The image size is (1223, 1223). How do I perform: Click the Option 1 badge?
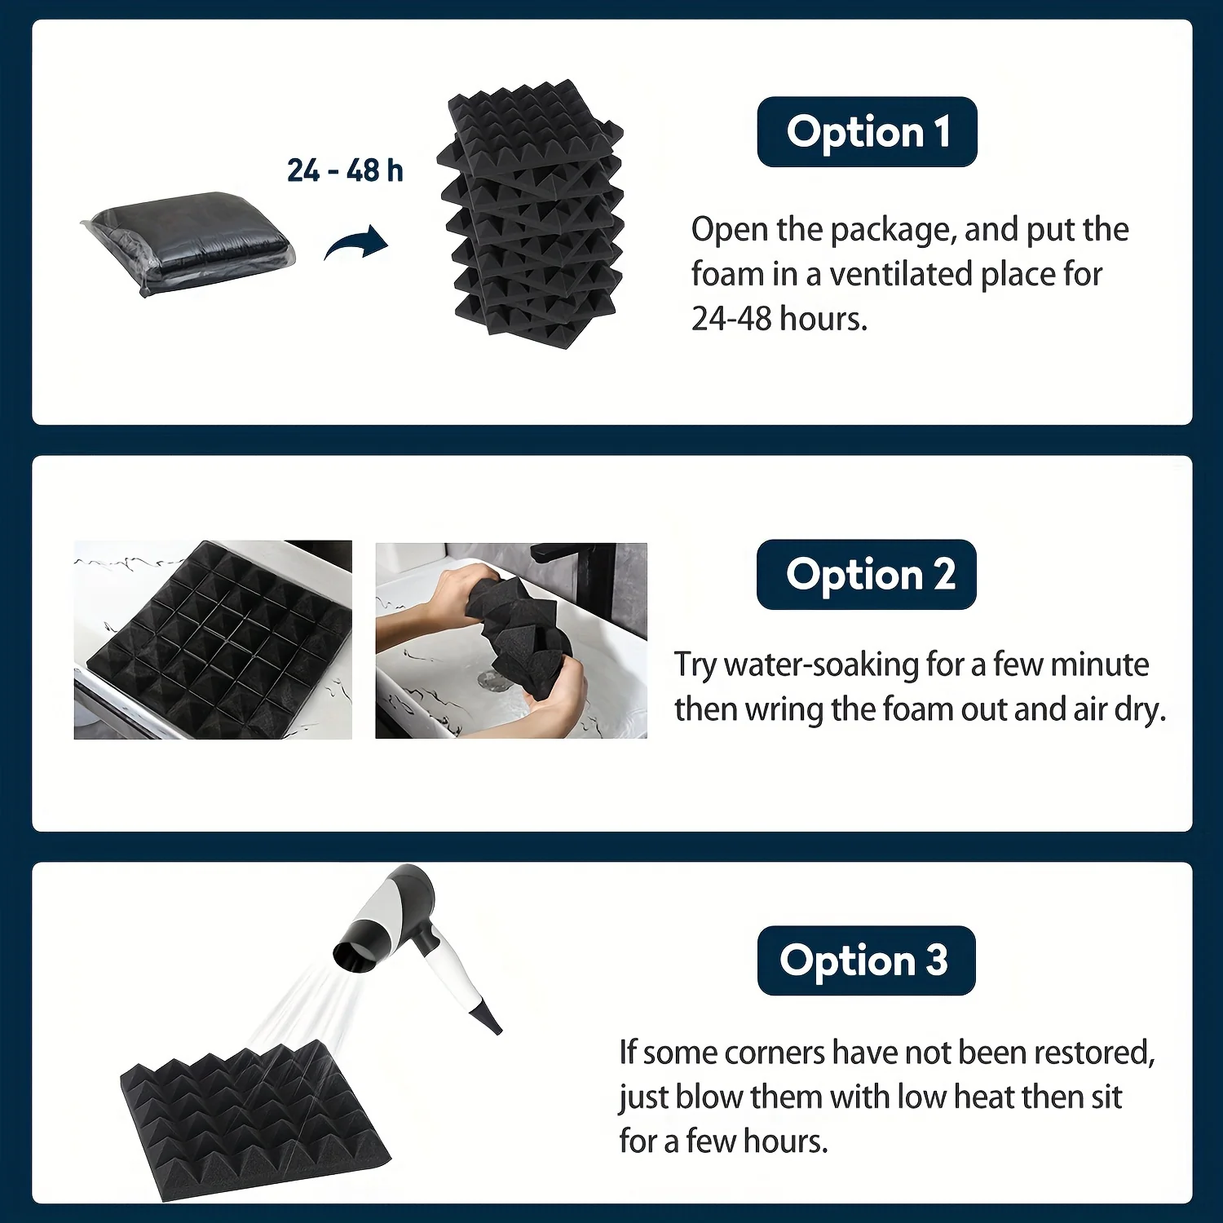[x=867, y=132]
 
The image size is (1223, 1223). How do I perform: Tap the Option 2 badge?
[x=867, y=575]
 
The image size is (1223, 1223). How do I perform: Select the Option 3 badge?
[x=866, y=960]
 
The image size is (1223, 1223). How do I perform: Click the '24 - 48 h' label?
[x=345, y=170]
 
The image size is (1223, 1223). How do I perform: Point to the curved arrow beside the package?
[x=356, y=242]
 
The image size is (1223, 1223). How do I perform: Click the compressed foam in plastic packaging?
[x=189, y=242]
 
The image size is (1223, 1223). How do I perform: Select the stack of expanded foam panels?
[x=532, y=214]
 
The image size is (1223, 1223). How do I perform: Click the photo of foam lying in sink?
[x=213, y=640]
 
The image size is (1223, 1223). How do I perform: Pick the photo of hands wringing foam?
[x=511, y=641]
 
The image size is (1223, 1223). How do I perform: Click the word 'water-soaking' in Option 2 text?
[x=821, y=666]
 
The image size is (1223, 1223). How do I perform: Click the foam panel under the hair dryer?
[x=255, y=1118]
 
